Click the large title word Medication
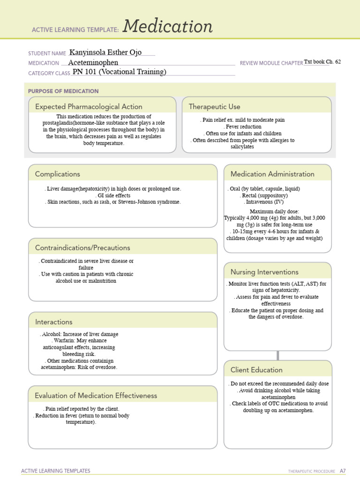pyautogui.click(x=167, y=27)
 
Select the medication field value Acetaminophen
pyautogui.click(x=93, y=62)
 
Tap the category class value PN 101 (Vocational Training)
pyautogui.click(x=120, y=72)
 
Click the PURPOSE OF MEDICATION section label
pyautogui.click(x=63, y=91)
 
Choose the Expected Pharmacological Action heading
pyautogui.click(x=89, y=107)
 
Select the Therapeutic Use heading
pyautogui.click(x=214, y=107)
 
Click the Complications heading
pyautogui.click(x=58, y=174)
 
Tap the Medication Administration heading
pyautogui.click(x=272, y=174)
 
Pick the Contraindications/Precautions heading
pyautogui.click(x=82, y=247)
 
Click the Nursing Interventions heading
pyautogui.click(x=264, y=272)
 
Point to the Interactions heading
pyautogui.click(x=54, y=322)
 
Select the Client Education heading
pyautogui.click(x=256, y=370)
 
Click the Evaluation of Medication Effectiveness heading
pyautogui.click(x=96, y=396)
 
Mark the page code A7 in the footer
pyautogui.click(x=343, y=471)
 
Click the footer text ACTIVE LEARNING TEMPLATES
pyautogui.click(x=56, y=471)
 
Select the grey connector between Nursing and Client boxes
pyautogui.click(x=278, y=355)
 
